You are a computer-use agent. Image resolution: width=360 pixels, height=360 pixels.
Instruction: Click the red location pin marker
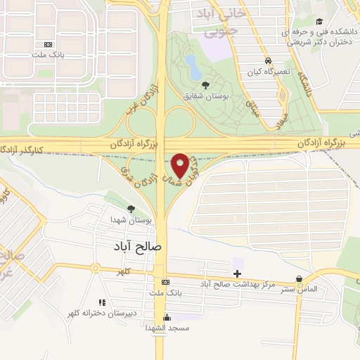181,165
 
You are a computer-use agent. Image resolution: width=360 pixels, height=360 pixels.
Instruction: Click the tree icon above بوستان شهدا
131,208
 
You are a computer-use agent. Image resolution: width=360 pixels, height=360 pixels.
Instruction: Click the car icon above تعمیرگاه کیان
268,60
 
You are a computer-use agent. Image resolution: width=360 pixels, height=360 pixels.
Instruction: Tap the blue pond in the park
192,66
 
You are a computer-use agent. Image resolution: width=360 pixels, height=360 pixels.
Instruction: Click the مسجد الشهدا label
165,328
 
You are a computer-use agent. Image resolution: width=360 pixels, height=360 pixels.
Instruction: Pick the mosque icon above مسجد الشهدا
167,316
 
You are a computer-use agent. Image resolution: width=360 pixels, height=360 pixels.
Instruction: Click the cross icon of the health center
237,273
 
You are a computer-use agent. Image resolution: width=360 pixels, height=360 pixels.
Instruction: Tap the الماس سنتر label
299,289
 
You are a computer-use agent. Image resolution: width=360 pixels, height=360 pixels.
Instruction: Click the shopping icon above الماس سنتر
300,278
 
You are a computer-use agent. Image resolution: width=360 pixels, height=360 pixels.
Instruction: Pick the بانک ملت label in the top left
47,54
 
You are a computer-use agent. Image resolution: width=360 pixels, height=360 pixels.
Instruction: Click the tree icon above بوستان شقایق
205,84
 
